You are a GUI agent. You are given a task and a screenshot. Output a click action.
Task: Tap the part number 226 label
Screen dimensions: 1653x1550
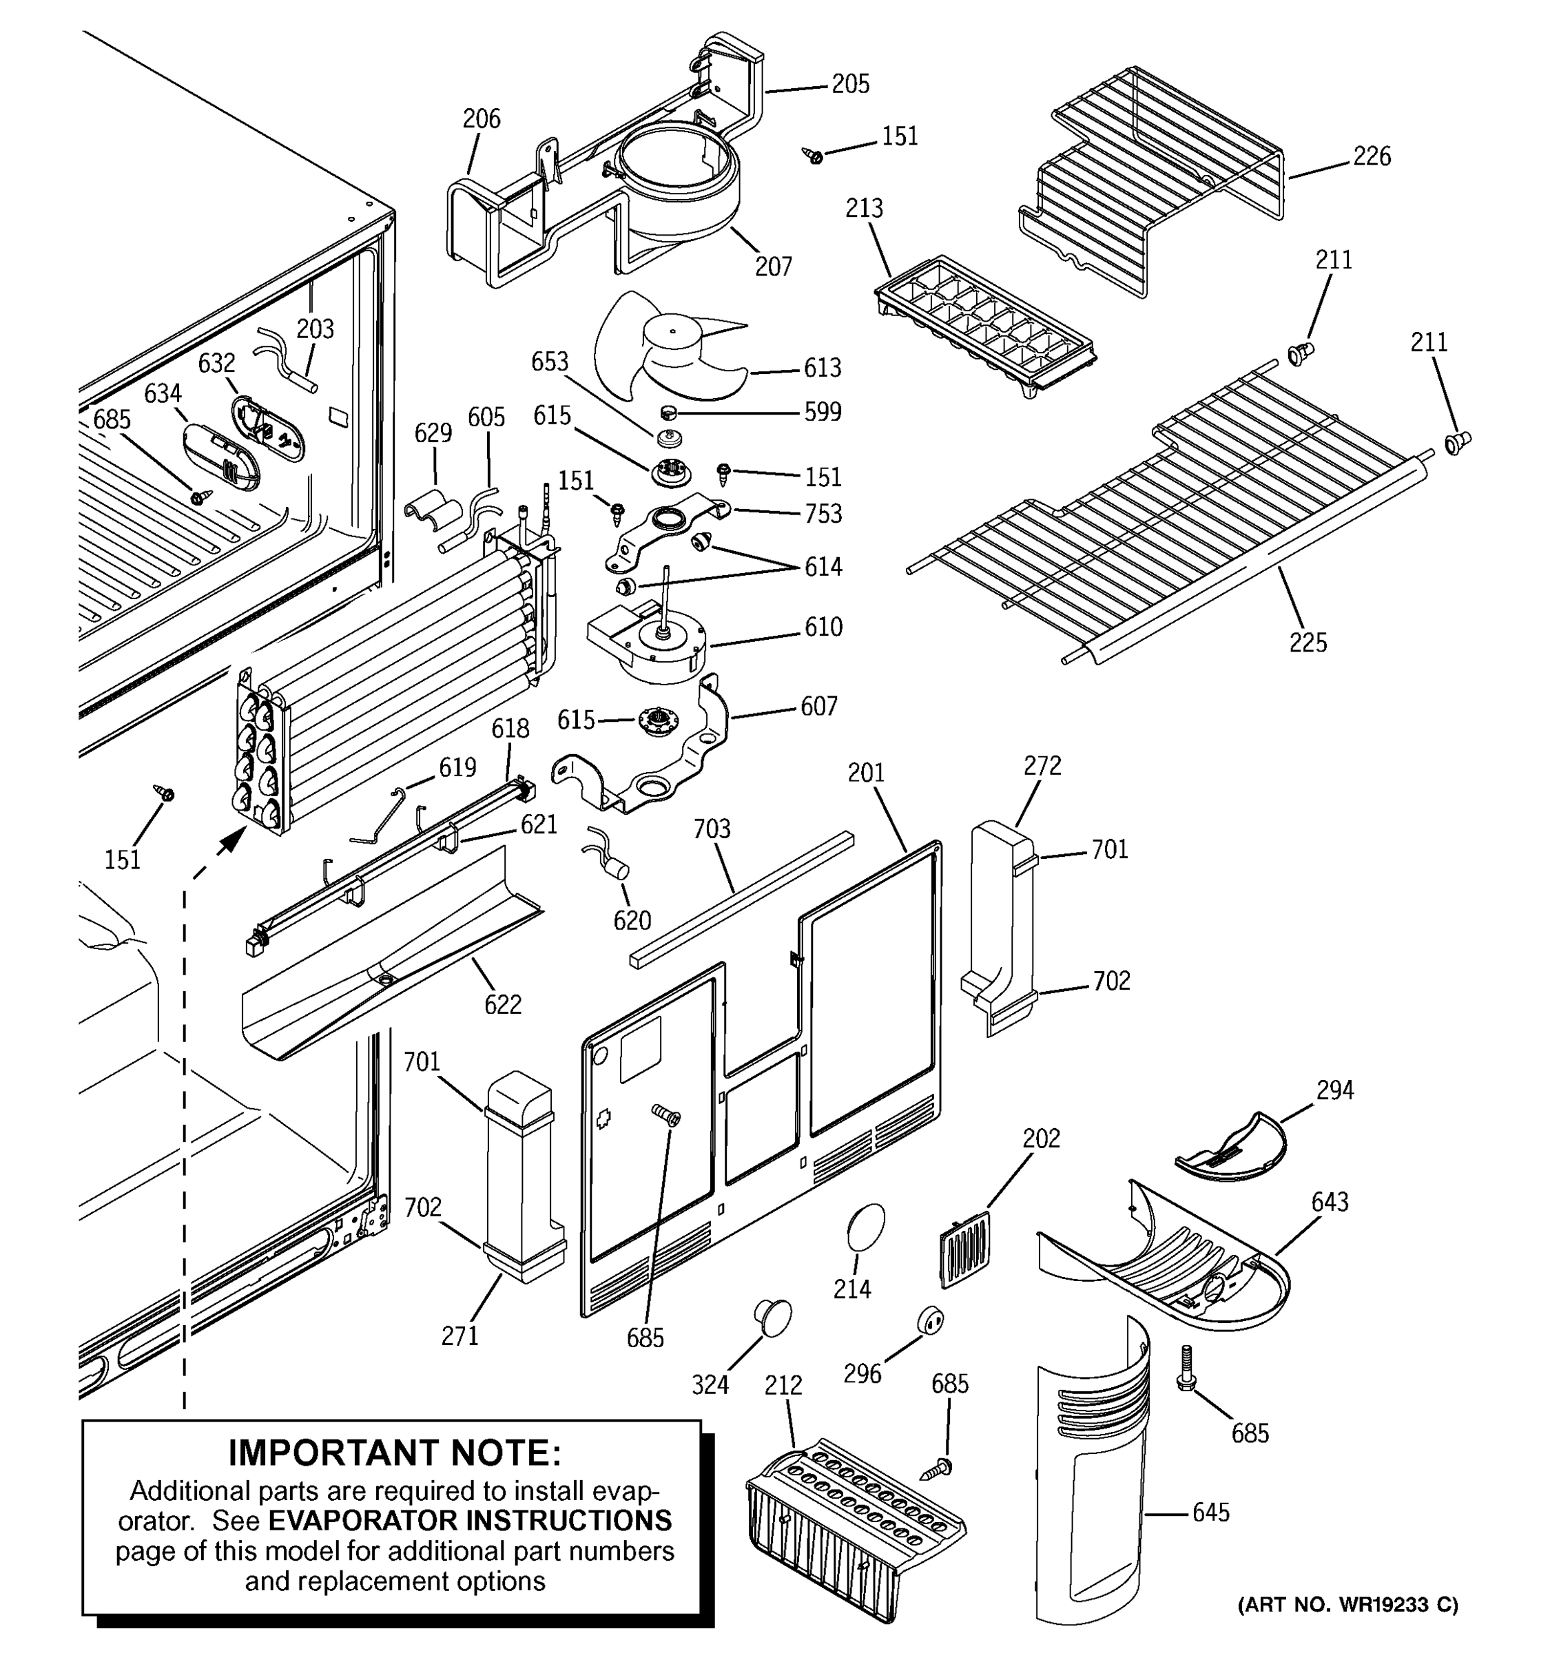pos(1371,156)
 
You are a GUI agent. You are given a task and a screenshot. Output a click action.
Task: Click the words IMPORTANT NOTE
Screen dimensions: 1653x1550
pos(394,1453)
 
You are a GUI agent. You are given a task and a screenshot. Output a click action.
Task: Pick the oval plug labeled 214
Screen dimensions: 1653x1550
pos(866,1227)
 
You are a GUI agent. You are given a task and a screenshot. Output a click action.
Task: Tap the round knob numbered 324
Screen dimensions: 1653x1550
pos(772,1318)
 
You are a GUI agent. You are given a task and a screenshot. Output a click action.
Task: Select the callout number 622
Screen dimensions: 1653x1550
pos(502,1004)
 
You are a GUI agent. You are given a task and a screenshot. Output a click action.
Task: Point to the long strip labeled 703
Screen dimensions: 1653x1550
pos(740,898)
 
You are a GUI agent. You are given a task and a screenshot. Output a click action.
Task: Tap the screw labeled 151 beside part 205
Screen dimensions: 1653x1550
pos(814,155)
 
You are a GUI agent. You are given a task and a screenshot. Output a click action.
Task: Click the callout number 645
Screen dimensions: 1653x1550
pos(1210,1512)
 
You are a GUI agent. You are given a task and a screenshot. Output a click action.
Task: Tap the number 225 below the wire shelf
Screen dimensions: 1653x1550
pos(1308,642)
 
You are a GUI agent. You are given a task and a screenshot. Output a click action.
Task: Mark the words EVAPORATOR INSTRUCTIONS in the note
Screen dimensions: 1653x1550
pos(470,1520)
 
